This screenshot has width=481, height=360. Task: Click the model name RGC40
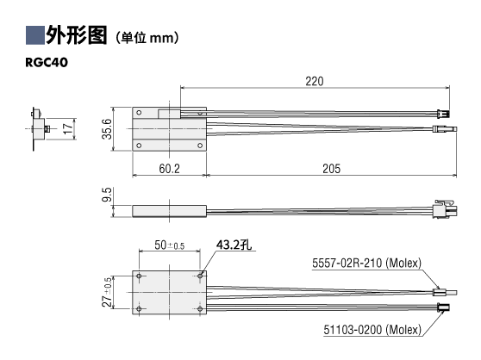point(47,62)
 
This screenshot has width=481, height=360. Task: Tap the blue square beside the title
point(35,35)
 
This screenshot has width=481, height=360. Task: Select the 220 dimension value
point(315,81)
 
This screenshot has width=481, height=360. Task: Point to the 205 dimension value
point(331,169)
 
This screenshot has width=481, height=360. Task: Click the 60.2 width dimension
point(169,169)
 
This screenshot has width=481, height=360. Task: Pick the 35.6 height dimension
point(107,129)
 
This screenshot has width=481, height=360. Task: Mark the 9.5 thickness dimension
point(107,195)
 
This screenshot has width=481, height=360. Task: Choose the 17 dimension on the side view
point(68,128)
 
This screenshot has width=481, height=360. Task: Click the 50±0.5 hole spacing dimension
point(169,245)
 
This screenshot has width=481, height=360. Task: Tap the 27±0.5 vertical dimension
point(107,292)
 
